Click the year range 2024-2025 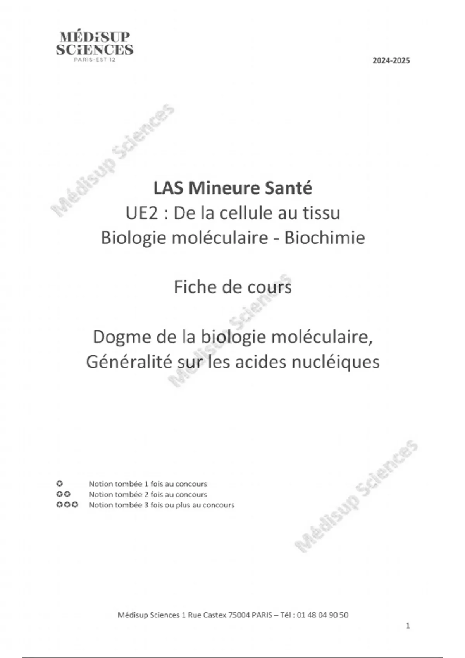[391, 61]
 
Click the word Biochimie [325, 238]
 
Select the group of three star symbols [67, 505]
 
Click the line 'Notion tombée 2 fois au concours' [148, 494]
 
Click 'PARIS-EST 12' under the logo [95, 60]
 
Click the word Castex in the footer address [215, 615]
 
